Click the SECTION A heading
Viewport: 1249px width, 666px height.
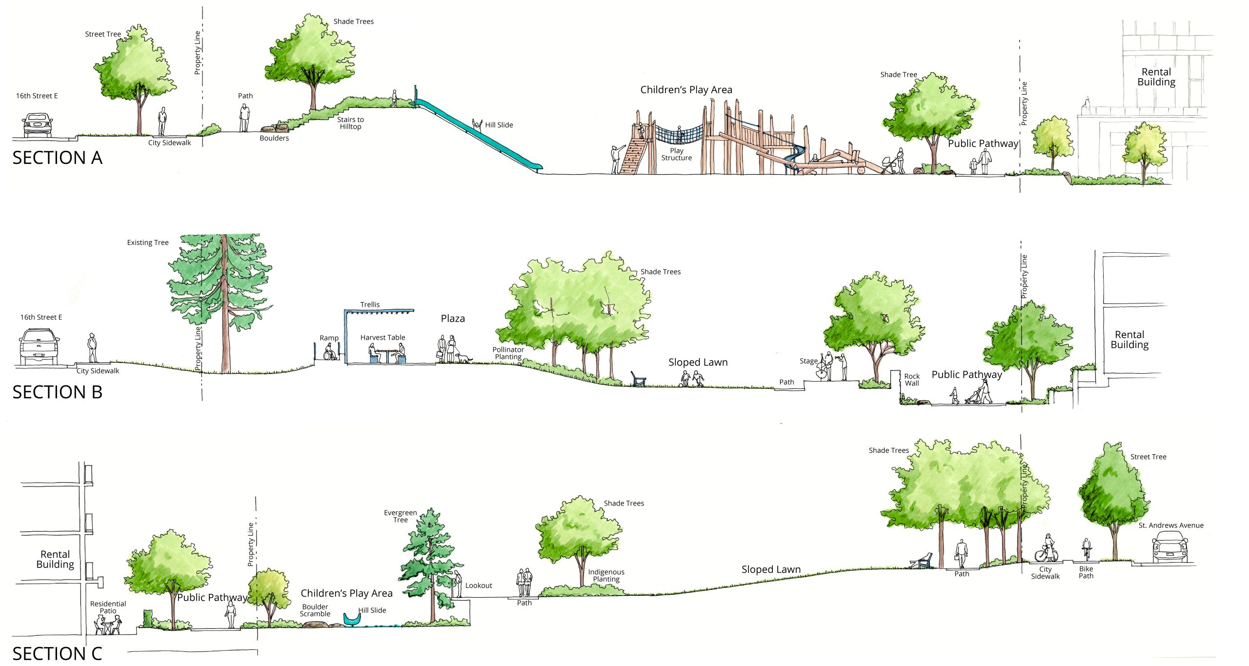58,158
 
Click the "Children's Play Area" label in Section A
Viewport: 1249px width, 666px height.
686,90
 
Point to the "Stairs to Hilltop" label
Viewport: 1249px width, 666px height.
350,123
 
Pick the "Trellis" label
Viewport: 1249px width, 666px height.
370,304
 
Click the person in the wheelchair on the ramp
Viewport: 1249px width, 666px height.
330,352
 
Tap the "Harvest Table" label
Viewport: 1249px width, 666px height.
383,337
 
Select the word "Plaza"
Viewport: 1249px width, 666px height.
453,319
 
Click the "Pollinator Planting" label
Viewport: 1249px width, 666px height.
508,353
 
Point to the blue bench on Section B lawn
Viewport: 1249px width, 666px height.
638,379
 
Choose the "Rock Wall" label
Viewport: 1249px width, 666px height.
912,380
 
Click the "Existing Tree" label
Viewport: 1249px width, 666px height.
148,242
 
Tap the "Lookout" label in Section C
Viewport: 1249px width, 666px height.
479,585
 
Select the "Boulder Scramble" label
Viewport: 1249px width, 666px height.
315,610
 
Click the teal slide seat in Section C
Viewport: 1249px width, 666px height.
351,619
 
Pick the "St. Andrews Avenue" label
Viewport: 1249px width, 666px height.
1171,525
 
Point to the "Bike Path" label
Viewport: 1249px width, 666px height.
1086,572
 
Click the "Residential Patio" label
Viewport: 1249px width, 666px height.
108,607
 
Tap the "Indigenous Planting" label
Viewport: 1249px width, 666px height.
606,575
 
